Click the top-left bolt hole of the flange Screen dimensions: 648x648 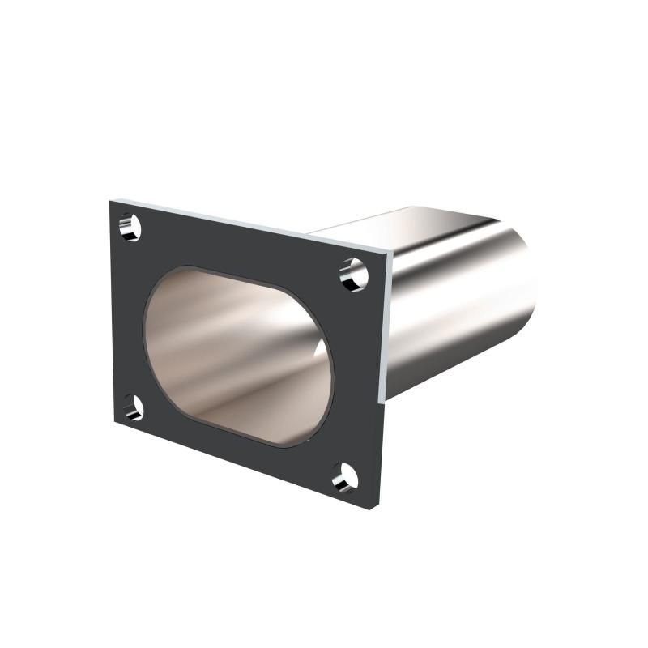pyautogui.click(x=130, y=227)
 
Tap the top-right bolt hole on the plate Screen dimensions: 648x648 pyautogui.click(x=354, y=274)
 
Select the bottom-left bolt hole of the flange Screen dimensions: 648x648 pyautogui.click(x=132, y=407)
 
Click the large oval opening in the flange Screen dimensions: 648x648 pyautogui.click(x=239, y=355)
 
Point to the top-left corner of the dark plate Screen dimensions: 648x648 pyautogui.click(x=110, y=198)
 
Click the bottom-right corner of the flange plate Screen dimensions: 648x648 pyautogui.click(x=377, y=498)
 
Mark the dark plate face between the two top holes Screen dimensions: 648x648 pyautogui.click(x=243, y=243)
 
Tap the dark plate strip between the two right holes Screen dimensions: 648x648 pyautogui.click(x=356, y=373)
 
